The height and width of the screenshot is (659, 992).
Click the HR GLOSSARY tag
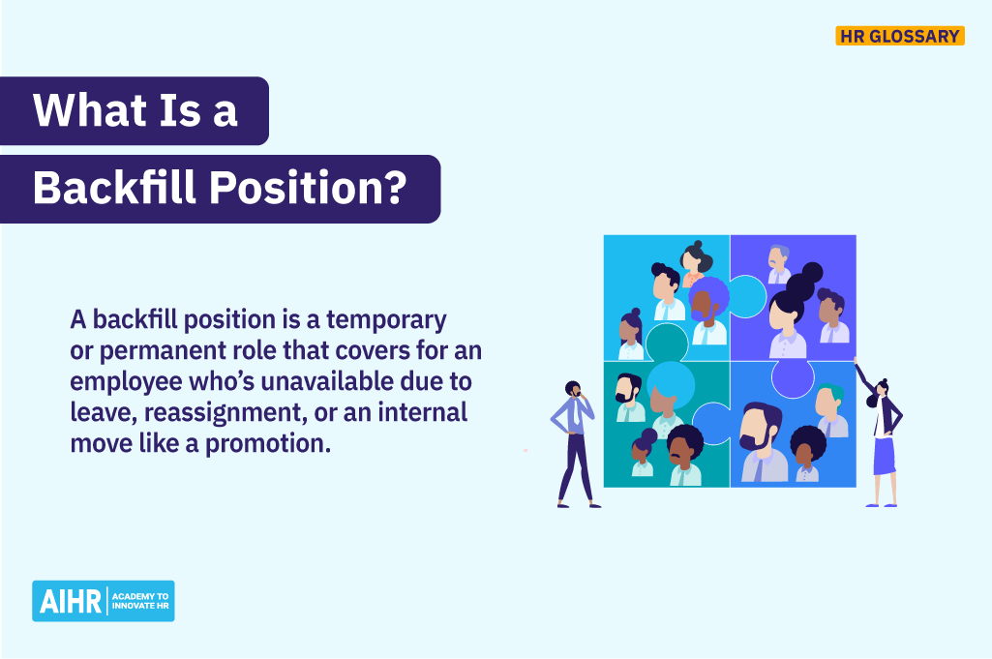(x=900, y=37)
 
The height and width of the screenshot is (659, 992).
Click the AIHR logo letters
(x=70, y=601)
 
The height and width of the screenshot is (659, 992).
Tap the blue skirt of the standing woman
(x=884, y=455)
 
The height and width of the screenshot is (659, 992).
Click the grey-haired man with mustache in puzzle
(x=779, y=264)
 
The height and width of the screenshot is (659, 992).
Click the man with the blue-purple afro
(x=709, y=308)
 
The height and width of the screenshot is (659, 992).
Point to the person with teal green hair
(x=830, y=410)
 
